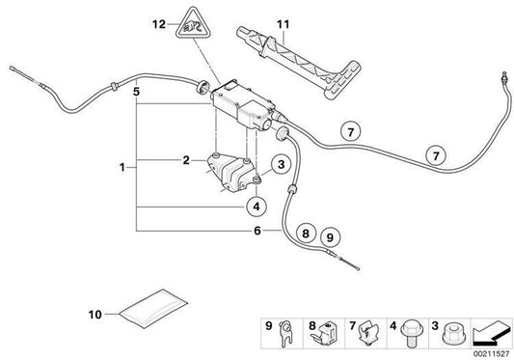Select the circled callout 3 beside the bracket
click(x=281, y=167)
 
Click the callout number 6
click(x=257, y=231)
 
